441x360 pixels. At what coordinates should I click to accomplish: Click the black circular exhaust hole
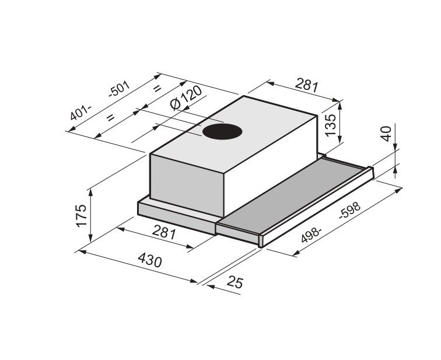click(222, 132)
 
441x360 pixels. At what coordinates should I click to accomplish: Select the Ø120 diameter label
click(185, 99)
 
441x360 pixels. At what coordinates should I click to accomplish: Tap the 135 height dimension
click(330, 125)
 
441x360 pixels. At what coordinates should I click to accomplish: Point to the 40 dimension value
click(385, 134)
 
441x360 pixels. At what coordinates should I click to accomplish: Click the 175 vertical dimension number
click(81, 215)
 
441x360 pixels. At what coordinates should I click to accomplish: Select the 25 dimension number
click(234, 283)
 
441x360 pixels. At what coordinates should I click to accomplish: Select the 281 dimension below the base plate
click(164, 233)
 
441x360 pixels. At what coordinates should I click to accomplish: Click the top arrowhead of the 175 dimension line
click(90, 190)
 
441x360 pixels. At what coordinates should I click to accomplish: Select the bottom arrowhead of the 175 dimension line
click(90, 239)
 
